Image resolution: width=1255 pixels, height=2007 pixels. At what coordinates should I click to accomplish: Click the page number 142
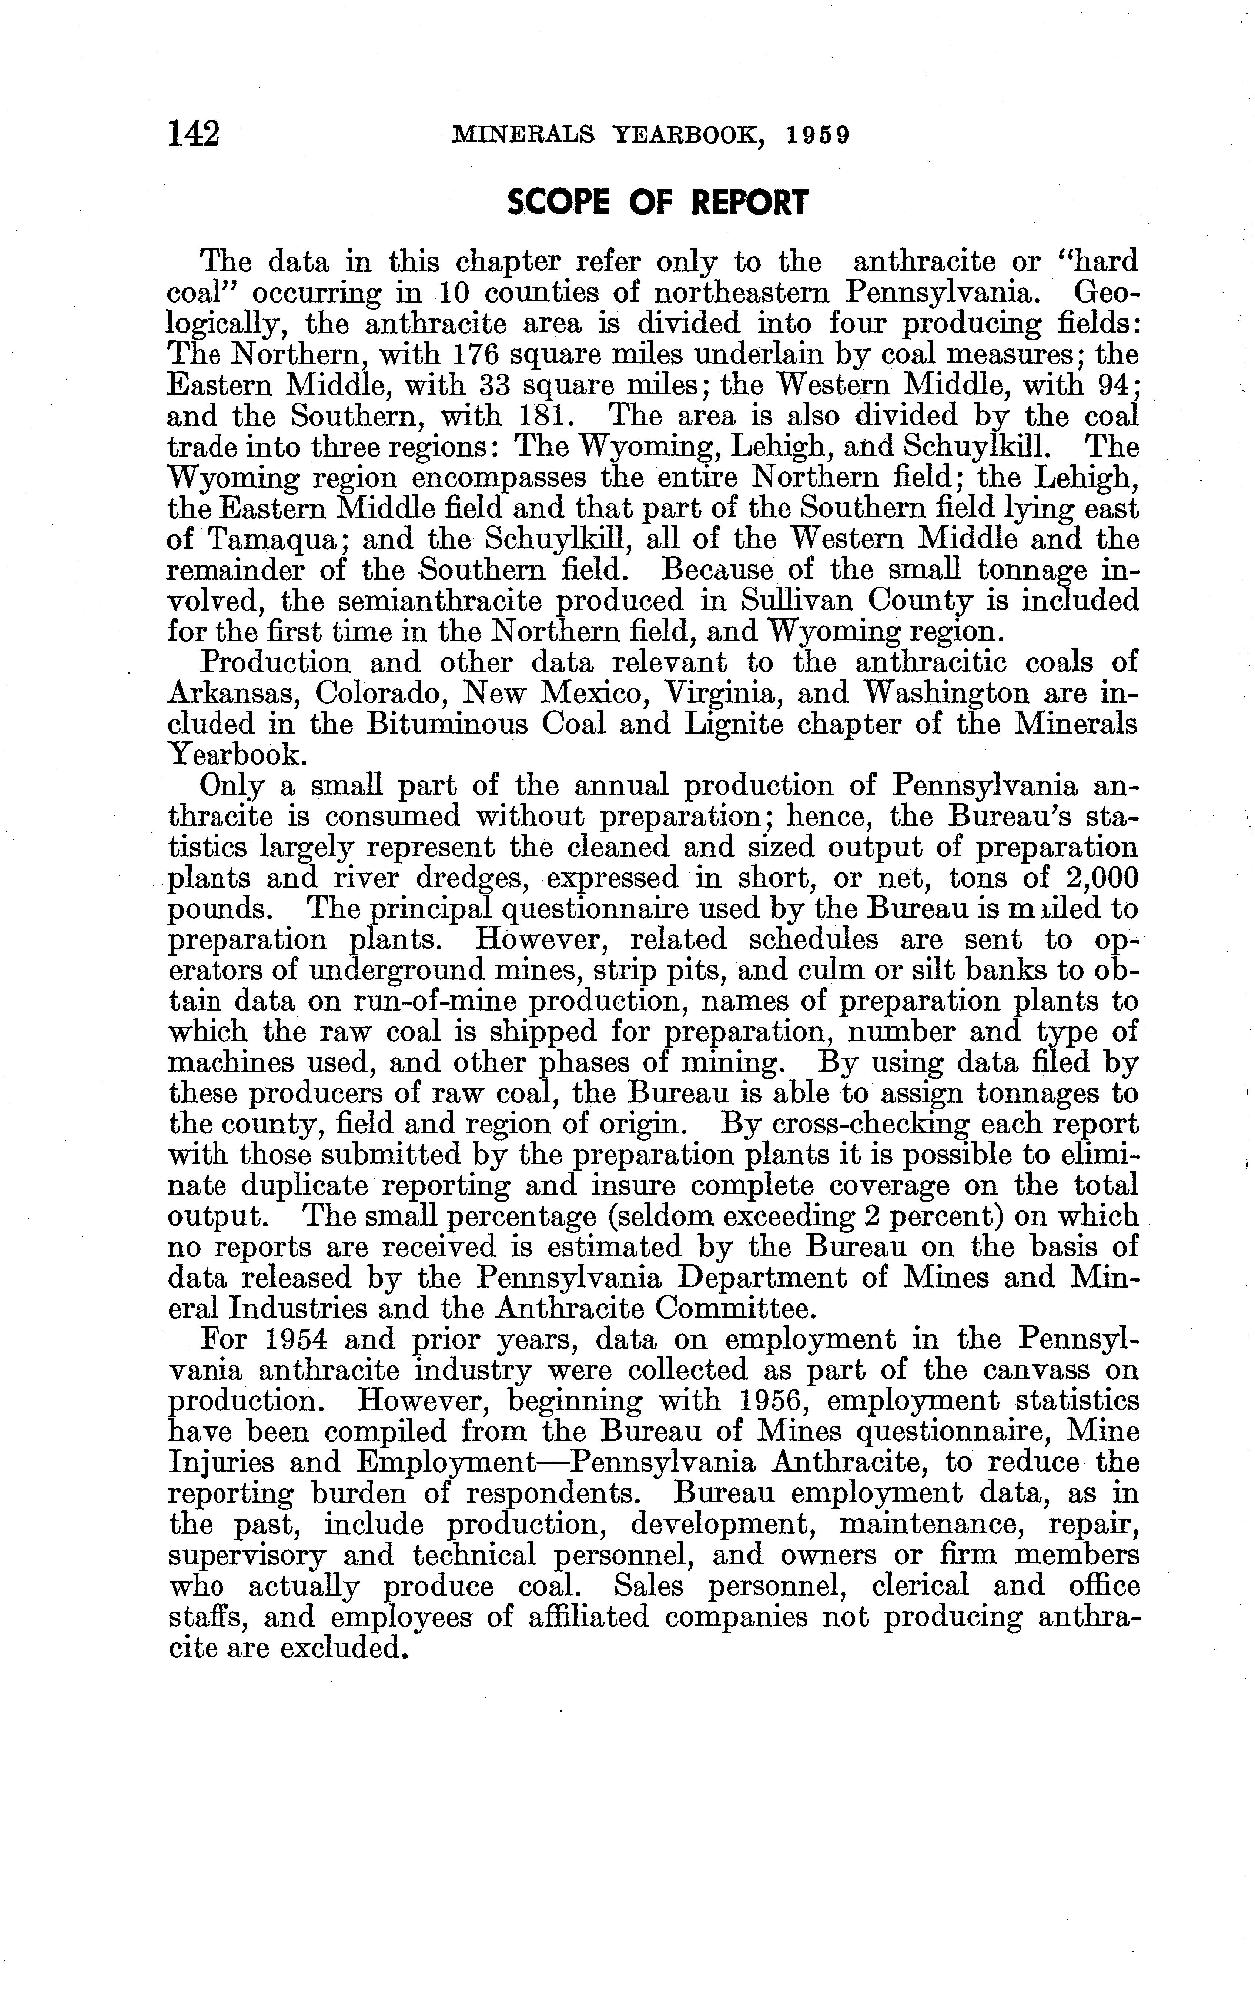(193, 134)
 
